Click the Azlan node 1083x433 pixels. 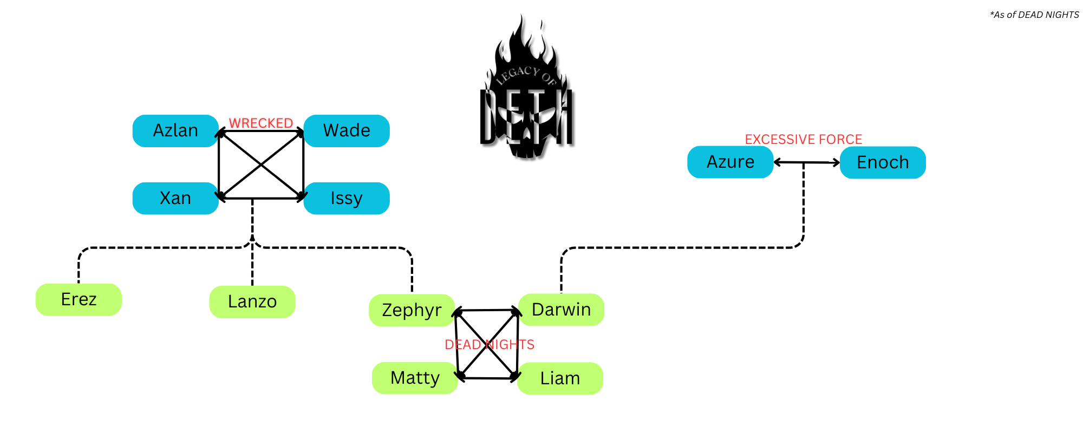pyautogui.click(x=175, y=131)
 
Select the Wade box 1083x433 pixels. pyautogui.click(x=347, y=131)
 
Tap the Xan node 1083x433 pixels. pyautogui.click(x=175, y=199)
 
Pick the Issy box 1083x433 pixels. pyautogui.click(x=347, y=199)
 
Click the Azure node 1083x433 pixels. pyautogui.click(x=730, y=162)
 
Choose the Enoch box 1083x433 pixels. pyautogui.click(x=883, y=162)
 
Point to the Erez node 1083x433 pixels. pyautogui.click(x=79, y=299)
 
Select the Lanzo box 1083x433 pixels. pyautogui.click(x=252, y=301)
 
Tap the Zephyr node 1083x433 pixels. pyautogui.click(x=412, y=310)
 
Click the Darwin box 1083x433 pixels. pyautogui.click(x=561, y=310)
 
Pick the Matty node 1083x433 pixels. pyautogui.click(x=415, y=378)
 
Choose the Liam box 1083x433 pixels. pyautogui.click(x=560, y=378)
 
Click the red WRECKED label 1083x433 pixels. pyautogui.click(x=261, y=123)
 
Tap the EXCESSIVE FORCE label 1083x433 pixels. pyautogui.click(x=803, y=140)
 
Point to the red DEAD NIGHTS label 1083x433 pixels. pyautogui.click(x=490, y=345)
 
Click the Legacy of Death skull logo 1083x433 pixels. pyautogui.click(x=526, y=92)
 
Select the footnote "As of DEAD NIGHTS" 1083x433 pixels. pyautogui.click(x=1034, y=15)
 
